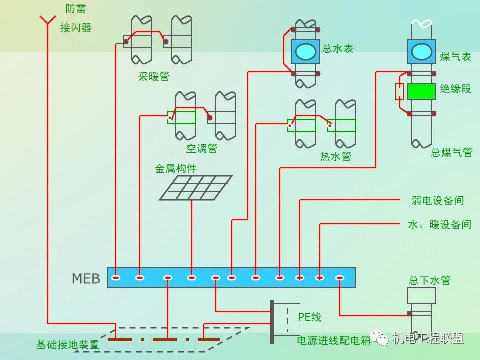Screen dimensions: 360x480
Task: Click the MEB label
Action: point(86,278)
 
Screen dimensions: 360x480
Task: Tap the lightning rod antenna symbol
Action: point(48,20)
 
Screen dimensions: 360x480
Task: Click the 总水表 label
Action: point(338,49)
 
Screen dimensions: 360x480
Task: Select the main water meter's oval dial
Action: point(306,51)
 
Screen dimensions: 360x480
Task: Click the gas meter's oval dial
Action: point(421,51)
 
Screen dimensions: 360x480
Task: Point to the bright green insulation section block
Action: point(421,91)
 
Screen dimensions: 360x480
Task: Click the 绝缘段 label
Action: point(455,89)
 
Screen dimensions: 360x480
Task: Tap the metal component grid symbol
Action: point(196,188)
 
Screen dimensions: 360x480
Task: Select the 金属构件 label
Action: point(176,168)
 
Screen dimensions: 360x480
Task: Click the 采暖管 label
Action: point(154,77)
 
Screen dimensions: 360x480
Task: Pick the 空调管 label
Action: point(202,148)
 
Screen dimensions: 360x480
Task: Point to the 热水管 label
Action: point(336,156)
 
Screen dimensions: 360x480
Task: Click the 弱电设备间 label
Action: point(438,201)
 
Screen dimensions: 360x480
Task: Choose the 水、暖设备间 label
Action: point(439,224)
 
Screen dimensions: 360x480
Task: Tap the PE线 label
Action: point(310,317)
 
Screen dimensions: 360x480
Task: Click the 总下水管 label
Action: point(430,280)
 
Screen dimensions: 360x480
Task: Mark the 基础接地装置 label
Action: point(68,345)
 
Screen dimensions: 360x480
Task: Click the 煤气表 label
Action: point(455,56)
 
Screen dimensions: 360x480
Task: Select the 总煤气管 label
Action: point(452,152)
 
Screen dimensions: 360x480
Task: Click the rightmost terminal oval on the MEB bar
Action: point(340,277)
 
